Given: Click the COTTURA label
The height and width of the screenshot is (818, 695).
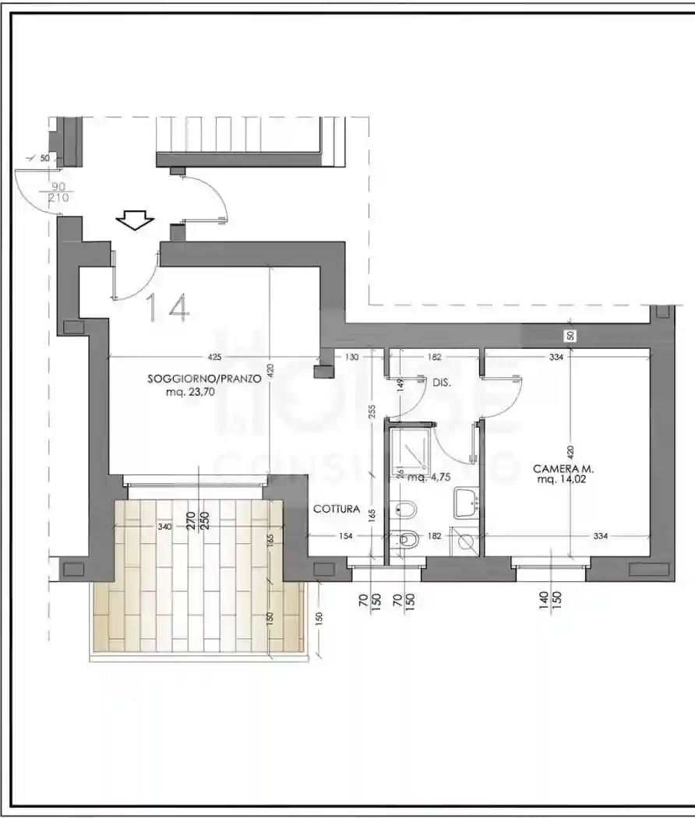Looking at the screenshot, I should (337, 509).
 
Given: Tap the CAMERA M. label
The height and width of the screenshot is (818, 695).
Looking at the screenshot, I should (563, 469).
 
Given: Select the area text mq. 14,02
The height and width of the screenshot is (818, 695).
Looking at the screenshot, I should (563, 481).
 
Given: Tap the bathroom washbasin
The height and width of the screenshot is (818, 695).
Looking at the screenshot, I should (467, 502).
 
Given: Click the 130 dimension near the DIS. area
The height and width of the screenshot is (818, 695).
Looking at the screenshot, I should (351, 358).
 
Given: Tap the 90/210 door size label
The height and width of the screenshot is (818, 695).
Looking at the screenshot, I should (58, 192).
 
